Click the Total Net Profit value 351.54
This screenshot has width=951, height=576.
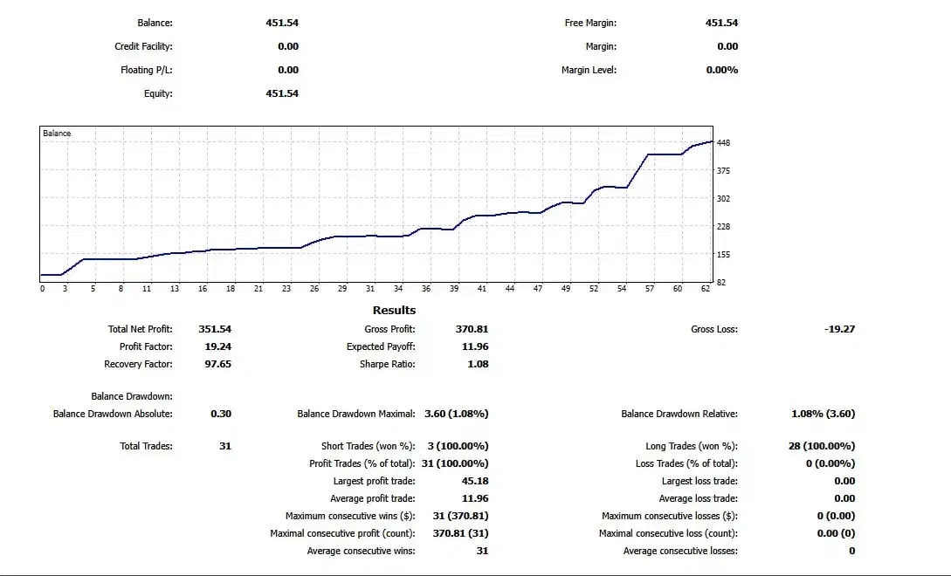(x=215, y=329)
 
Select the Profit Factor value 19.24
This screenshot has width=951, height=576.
(x=217, y=346)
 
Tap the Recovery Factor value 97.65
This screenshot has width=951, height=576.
(x=217, y=364)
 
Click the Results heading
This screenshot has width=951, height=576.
(x=394, y=310)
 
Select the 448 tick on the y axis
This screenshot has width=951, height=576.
(x=723, y=142)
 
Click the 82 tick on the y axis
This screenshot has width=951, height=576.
(x=721, y=282)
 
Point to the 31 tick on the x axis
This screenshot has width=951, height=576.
(x=370, y=289)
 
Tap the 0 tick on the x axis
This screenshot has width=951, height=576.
(x=42, y=289)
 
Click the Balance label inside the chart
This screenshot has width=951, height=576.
(x=57, y=134)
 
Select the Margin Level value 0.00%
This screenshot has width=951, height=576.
(x=721, y=70)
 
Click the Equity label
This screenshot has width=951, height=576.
(x=158, y=93)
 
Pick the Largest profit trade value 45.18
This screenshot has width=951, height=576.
(x=475, y=481)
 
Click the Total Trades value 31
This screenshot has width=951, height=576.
(x=225, y=446)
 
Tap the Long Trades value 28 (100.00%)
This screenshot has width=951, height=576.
(x=821, y=446)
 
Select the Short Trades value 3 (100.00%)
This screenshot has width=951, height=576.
(x=458, y=446)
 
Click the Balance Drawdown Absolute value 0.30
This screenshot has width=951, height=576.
(x=221, y=414)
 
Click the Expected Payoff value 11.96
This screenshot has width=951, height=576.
(x=475, y=346)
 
